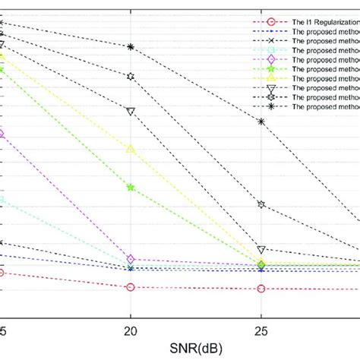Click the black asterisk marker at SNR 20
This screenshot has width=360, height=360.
click(x=131, y=47)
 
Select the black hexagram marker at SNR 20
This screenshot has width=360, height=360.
click(x=131, y=77)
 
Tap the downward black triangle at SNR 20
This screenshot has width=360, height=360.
click(x=131, y=112)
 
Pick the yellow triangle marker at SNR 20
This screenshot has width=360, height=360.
click(x=131, y=149)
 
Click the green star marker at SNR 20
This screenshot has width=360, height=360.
click(x=131, y=187)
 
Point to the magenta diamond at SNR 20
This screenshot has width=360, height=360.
click(x=131, y=260)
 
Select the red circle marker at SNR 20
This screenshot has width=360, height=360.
click(x=131, y=287)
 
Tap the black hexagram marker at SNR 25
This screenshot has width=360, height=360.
click(x=261, y=205)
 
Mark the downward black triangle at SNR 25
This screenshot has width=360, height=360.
click(x=261, y=249)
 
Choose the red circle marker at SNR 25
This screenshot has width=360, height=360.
click(x=261, y=289)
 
